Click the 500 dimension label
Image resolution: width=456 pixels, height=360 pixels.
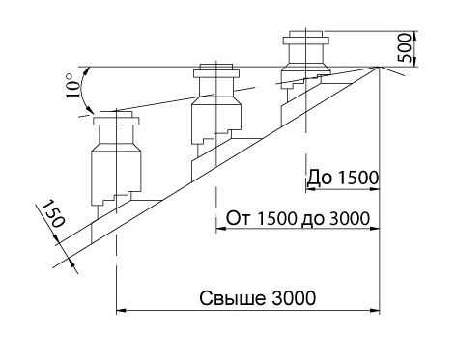click(405, 48)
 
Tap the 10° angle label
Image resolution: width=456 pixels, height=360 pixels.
click(72, 85)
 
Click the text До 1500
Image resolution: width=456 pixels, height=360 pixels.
click(342, 178)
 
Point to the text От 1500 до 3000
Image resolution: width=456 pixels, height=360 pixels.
click(298, 218)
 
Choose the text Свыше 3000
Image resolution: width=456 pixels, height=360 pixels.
click(258, 298)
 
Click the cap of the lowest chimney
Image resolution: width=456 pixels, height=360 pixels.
click(116, 118)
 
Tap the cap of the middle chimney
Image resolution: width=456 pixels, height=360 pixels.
click(216, 71)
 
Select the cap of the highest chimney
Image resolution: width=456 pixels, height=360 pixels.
click(306, 38)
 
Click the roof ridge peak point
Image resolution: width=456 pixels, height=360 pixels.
click(380, 67)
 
